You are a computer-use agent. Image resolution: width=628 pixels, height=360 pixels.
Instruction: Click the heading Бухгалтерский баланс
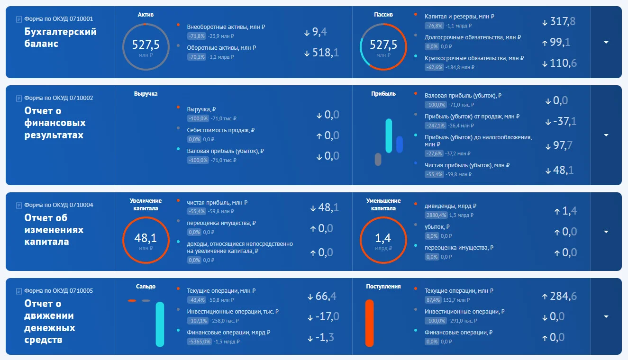pyautogui.click(x=60, y=37)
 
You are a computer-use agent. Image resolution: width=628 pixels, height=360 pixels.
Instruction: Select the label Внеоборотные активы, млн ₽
pyautogui.click(x=226, y=27)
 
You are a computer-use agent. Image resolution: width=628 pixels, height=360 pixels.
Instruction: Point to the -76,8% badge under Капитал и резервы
pyautogui.click(x=434, y=26)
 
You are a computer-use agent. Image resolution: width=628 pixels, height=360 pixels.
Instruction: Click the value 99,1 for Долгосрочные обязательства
pyautogui.click(x=560, y=42)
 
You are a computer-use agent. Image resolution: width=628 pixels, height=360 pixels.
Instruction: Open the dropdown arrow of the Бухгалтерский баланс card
pyautogui.click(x=606, y=42)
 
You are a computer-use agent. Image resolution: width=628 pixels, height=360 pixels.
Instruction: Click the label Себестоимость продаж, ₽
pyautogui.click(x=221, y=130)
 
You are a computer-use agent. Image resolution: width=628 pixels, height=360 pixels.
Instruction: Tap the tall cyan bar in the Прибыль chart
pyautogui.click(x=389, y=135)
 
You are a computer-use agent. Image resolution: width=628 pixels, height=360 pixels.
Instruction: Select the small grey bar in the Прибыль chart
pyautogui.click(x=378, y=160)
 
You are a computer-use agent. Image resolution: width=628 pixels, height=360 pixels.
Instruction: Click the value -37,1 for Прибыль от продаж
pyautogui.click(x=564, y=121)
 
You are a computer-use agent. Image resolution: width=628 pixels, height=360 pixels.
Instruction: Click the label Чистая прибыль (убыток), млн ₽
pyautogui.click(x=467, y=165)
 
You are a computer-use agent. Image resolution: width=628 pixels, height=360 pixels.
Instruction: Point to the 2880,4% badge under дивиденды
pyautogui.click(x=436, y=215)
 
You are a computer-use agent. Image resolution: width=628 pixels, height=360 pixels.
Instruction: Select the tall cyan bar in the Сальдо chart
pyautogui.click(x=160, y=324)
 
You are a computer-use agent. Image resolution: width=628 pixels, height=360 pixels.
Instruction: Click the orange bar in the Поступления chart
pyautogui.click(x=370, y=323)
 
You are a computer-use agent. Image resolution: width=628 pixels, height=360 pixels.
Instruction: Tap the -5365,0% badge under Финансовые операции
pyautogui.click(x=200, y=342)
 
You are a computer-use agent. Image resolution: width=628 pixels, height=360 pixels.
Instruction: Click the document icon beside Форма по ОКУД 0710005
pyautogui.click(x=19, y=291)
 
